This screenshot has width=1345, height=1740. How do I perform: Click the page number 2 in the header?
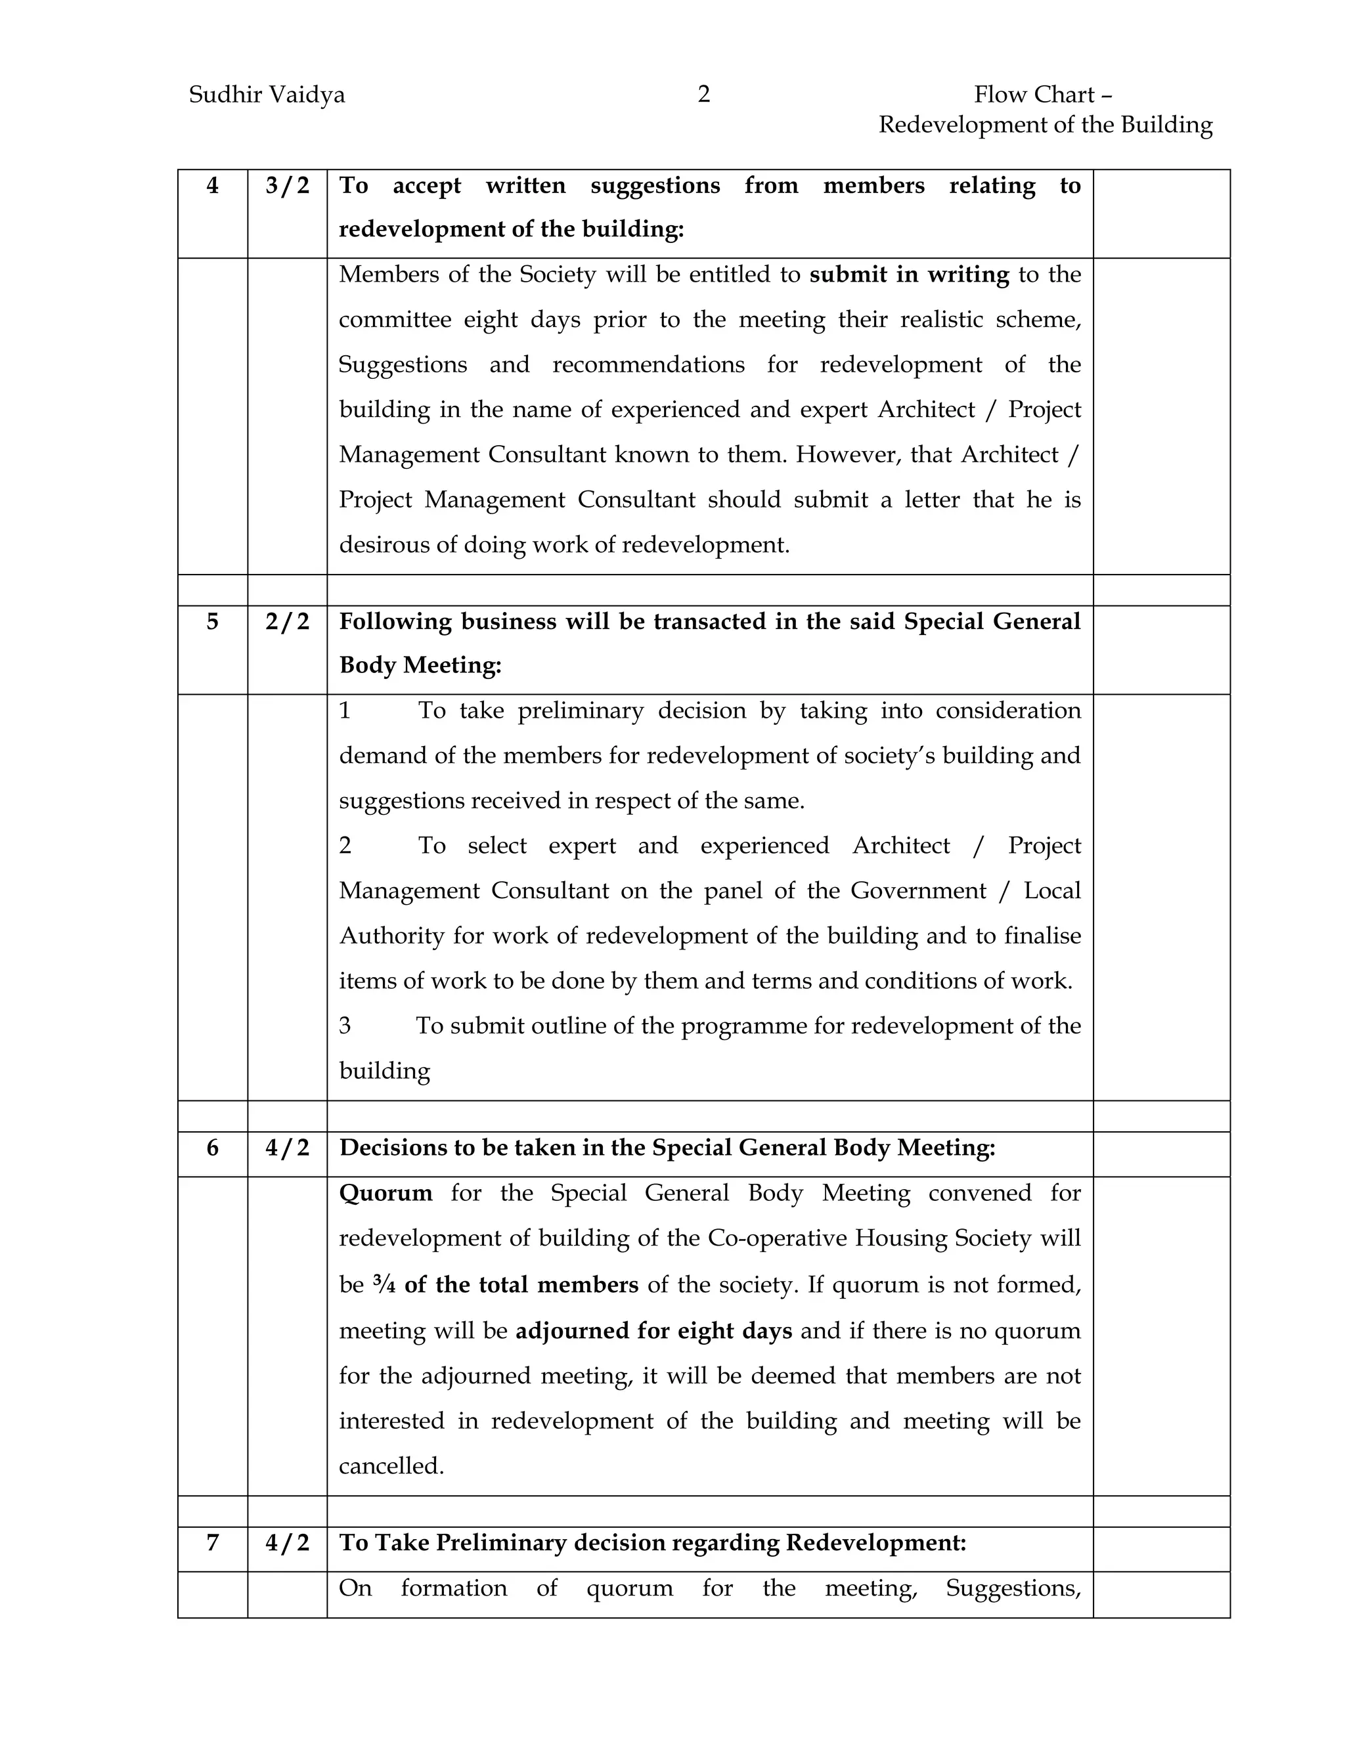(x=703, y=95)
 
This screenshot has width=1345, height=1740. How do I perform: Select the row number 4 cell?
(x=212, y=186)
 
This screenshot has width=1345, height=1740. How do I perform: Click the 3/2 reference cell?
(x=287, y=186)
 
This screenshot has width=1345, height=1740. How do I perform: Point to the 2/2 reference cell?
(x=287, y=621)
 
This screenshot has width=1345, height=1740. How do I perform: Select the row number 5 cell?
(x=212, y=621)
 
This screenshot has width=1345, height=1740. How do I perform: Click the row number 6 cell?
(x=212, y=1147)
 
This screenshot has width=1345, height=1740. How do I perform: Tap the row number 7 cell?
(x=212, y=1542)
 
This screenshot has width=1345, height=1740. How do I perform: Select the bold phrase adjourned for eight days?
(x=653, y=1330)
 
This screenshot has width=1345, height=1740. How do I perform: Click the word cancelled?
(x=391, y=1466)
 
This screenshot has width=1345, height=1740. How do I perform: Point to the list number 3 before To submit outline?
(x=345, y=1026)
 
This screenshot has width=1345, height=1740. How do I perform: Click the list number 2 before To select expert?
(x=345, y=845)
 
